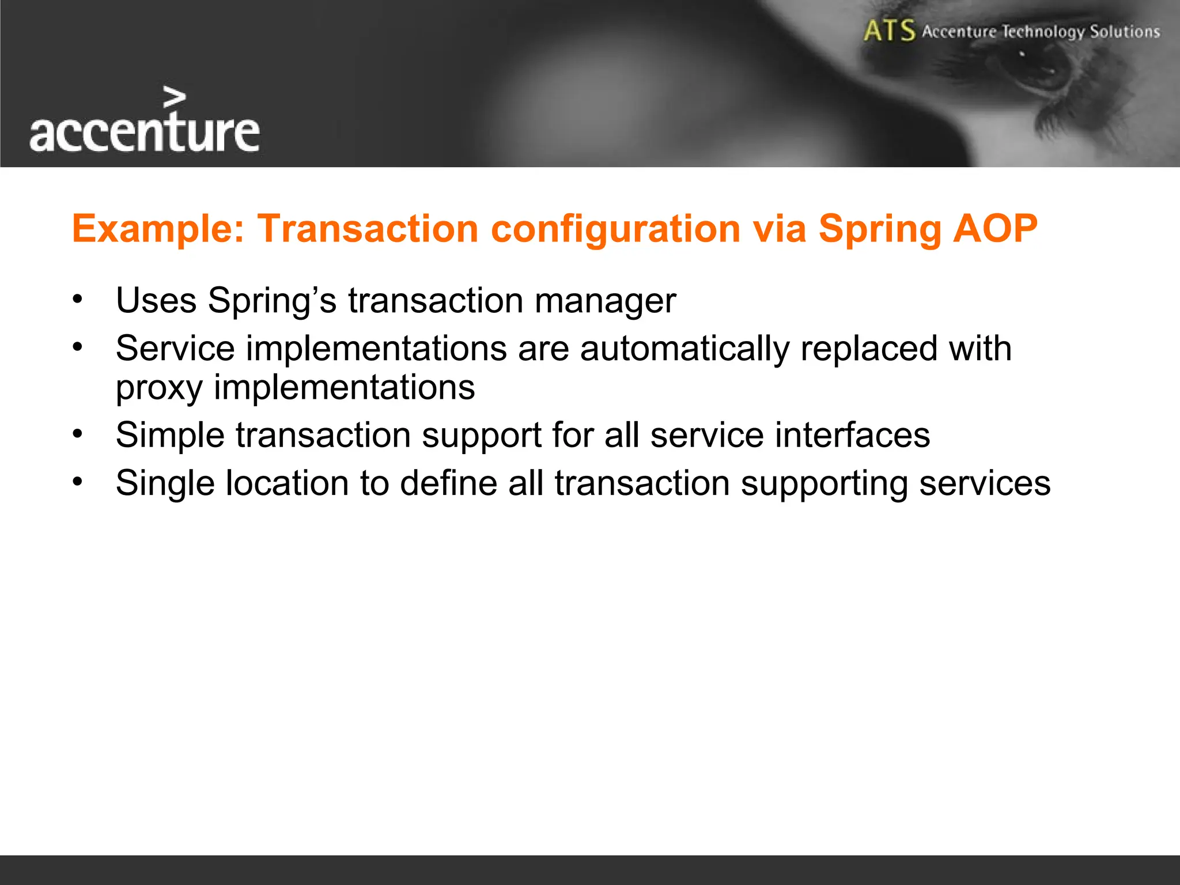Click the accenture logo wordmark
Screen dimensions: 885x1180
point(144,133)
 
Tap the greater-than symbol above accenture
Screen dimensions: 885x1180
point(175,97)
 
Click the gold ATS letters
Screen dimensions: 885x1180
point(889,31)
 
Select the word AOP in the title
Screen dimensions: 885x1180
point(995,228)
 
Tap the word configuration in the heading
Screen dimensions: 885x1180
point(615,229)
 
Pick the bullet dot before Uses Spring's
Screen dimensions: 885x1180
point(78,300)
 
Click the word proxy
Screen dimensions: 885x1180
point(159,388)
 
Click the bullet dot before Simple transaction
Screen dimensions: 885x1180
point(78,434)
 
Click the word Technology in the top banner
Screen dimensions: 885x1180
point(1043,32)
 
